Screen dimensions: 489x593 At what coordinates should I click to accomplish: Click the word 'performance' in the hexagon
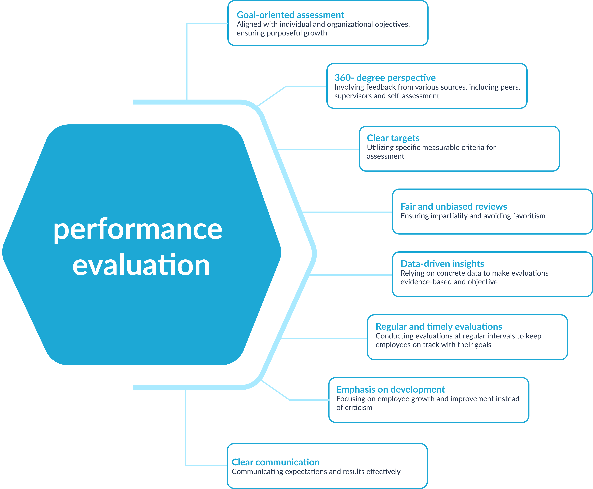pyautogui.click(x=138, y=230)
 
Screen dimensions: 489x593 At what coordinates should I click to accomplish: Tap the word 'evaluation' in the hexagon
pyautogui.click(x=141, y=265)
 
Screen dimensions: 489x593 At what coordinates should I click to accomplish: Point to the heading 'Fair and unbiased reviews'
pyautogui.click(x=453, y=207)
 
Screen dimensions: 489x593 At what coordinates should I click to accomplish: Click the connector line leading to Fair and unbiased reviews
pyautogui.click(x=347, y=212)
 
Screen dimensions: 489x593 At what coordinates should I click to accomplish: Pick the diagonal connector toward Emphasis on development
pyautogui.click(x=275, y=390)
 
